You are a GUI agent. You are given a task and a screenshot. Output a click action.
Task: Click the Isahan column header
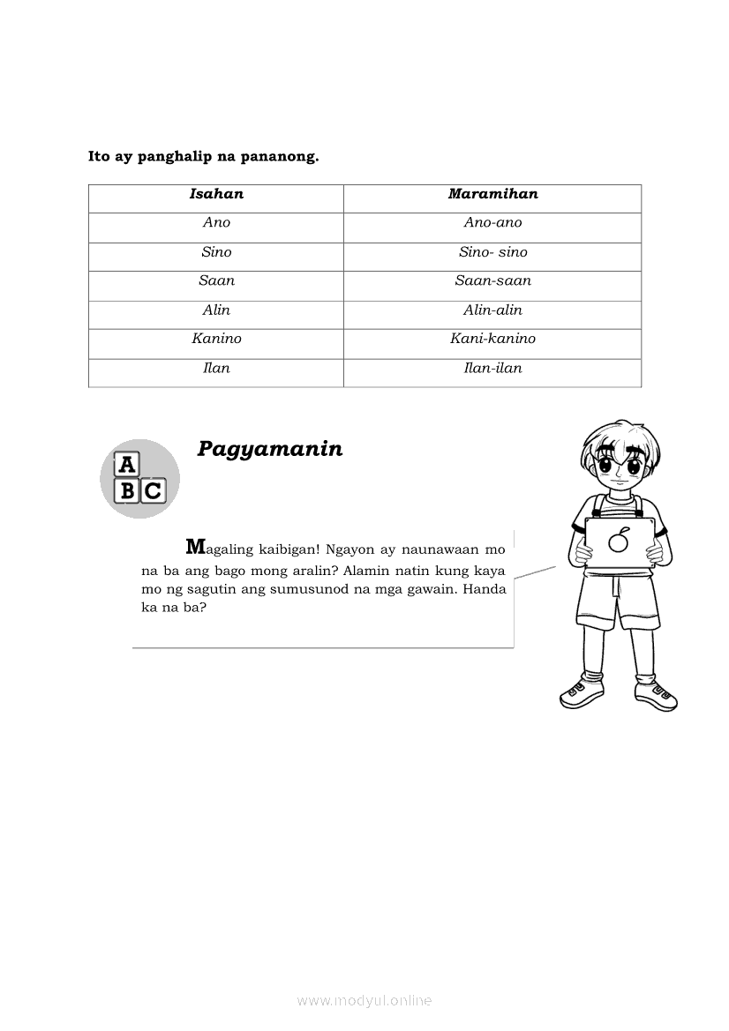pyautogui.click(x=216, y=194)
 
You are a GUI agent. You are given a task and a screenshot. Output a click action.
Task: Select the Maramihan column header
pyautogui.click(x=492, y=194)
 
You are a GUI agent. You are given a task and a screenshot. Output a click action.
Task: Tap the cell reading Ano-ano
pyautogui.click(x=492, y=223)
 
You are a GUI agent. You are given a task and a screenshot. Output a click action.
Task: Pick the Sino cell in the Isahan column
pyautogui.click(x=216, y=252)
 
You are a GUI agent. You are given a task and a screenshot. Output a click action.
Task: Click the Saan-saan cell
pyautogui.click(x=492, y=281)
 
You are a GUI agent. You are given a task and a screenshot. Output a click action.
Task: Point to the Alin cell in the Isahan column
pyautogui.click(x=216, y=310)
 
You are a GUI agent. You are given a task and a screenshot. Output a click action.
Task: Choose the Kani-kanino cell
pyautogui.click(x=492, y=339)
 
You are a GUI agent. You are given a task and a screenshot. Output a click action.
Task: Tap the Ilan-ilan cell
pyautogui.click(x=492, y=369)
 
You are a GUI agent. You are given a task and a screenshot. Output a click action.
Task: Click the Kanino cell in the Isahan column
pyautogui.click(x=216, y=339)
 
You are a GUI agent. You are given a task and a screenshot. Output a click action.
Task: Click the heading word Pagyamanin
pyautogui.click(x=269, y=449)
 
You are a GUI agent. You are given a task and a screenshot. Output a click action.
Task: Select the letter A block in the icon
pyautogui.click(x=128, y=465)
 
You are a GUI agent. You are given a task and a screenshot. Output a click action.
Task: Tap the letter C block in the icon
pyautogui.click(x=153, y=490)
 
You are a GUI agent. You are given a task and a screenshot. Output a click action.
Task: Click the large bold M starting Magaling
pyautogui.click(x=195, y=546)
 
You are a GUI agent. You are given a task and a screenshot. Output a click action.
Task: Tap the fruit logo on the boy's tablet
pyautogui.click(x=620, y=540)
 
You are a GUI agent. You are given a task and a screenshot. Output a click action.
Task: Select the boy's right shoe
pyautogui.click(x=582, y=693)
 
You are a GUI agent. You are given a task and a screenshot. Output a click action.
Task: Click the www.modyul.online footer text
pyautogui.click(x=364, y=1000)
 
